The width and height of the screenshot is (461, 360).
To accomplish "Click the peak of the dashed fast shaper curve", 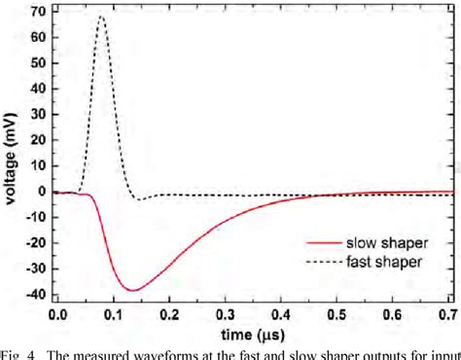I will pyautogui.click(x=101, y=17).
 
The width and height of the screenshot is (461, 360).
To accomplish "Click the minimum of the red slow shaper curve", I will pyautogui.click(x=131, y=290).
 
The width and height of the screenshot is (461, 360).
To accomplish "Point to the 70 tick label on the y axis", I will pyautogui.click(x=38, y=13).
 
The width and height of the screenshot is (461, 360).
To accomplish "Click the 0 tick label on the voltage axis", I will pyautogui.click(x=42, y=193).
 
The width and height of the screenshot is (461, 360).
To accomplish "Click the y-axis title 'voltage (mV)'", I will pyautogui.click(x=12, y=156).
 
